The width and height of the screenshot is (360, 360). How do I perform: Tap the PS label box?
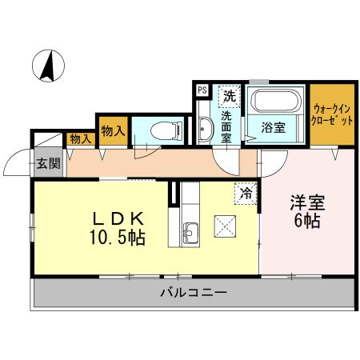pyautogui.click(x=201, y=91)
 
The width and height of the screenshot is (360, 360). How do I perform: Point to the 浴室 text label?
pyautogui.click(x=273, y=127)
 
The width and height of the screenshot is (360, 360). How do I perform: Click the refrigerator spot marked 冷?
pyautogui.click(x=246, y=192)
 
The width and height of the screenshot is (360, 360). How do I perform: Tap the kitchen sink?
pyautogui.click(x=190, y=234)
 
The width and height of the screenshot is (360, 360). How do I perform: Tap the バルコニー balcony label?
pyautogui.click(x=190, y=293)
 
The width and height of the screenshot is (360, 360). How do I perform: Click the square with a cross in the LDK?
pyautogui.click(x=225, y=226)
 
